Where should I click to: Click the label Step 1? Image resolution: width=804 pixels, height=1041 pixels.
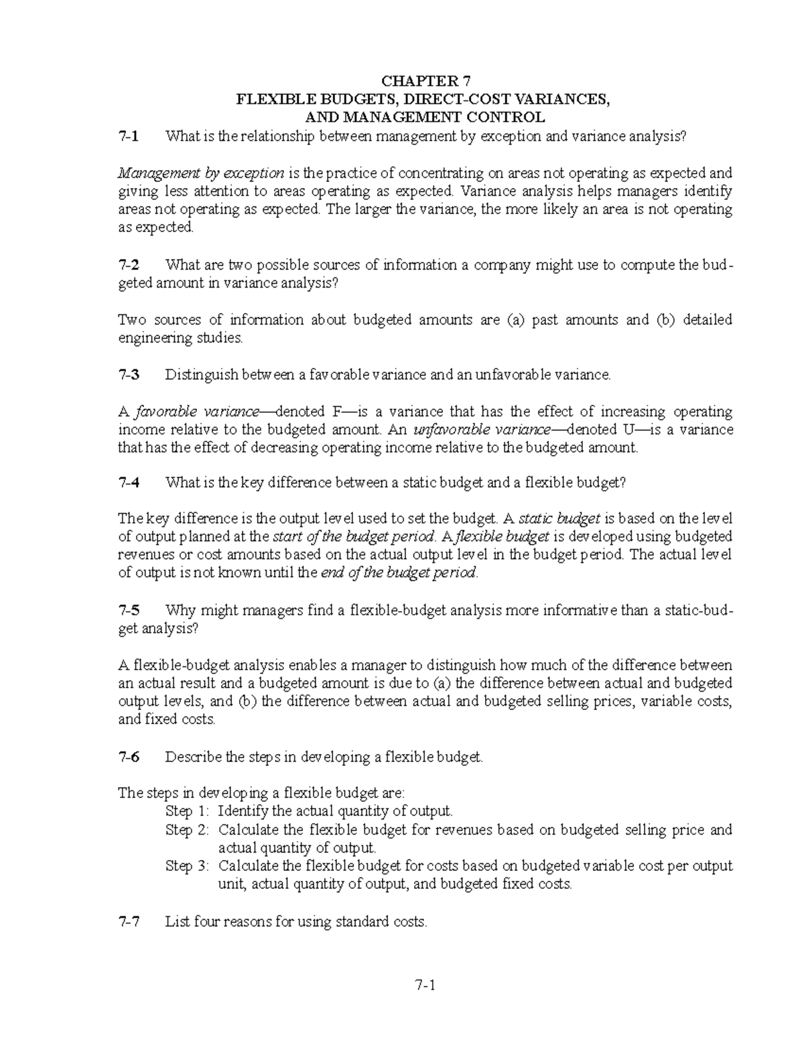coord(188,812)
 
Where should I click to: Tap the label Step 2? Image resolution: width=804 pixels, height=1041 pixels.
coord(188,830)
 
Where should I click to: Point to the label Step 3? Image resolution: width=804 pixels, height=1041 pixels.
coord(188,866)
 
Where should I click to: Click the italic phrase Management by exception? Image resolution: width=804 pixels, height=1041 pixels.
coord(200,174)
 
